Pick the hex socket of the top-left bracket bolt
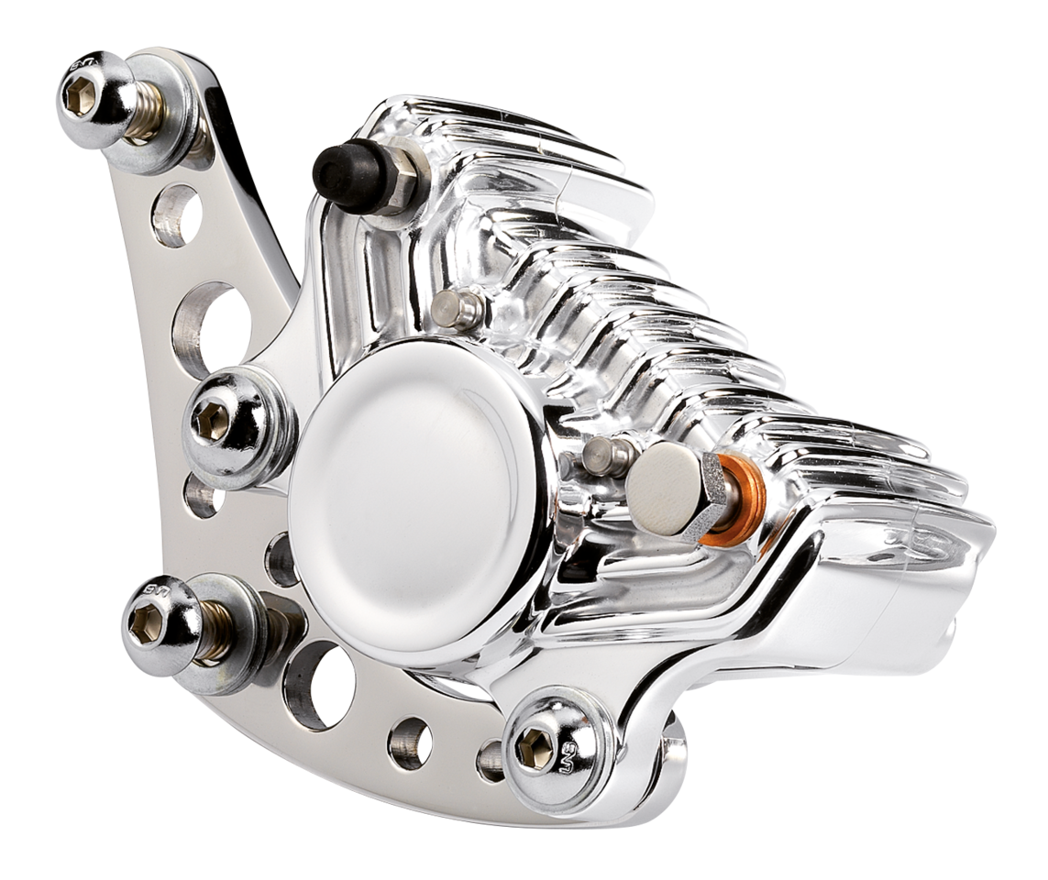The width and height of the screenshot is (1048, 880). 81,94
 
